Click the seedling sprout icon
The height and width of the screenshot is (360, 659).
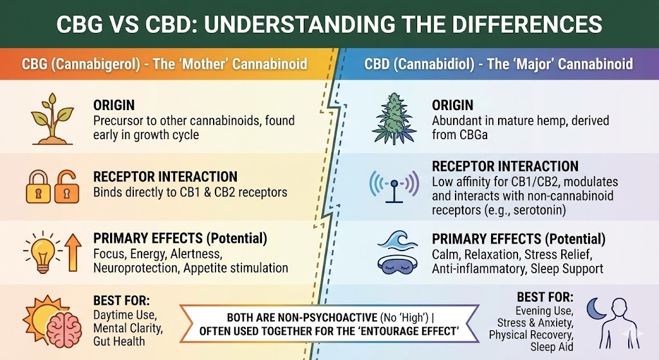52,118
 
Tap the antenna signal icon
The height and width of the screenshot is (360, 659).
394,184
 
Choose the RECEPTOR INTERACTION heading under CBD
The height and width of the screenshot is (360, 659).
505,166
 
